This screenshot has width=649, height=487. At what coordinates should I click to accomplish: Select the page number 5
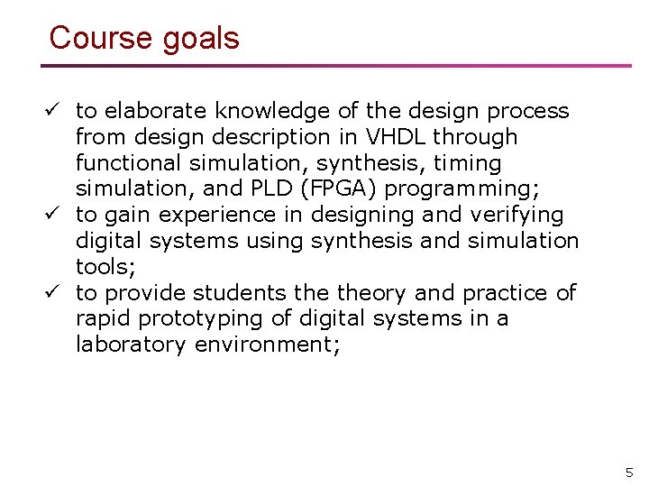tap(629, 472)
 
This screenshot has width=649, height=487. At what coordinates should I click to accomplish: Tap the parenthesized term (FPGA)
tap(340, 189)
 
